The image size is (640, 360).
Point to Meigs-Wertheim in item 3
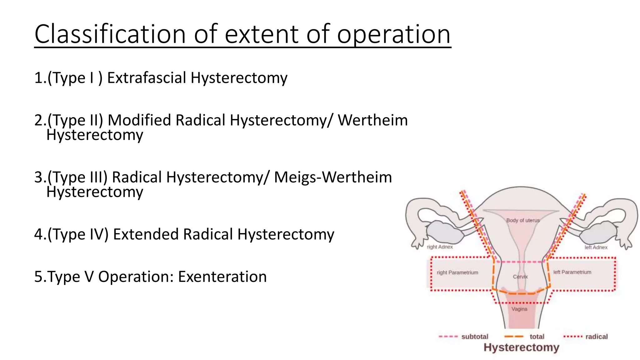(333, 177)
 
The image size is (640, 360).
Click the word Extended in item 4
(146, 234)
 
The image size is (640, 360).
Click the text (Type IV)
(78, 234)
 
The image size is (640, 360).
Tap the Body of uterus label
(523, 220)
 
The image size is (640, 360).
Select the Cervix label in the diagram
(520, 277)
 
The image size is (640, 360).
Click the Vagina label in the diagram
(519, 309)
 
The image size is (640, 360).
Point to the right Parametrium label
(457, 272)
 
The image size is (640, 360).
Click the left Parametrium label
(572, 272)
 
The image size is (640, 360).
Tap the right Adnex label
(440, 247)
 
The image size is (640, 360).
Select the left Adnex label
(596, 247)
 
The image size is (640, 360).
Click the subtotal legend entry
(474, 337)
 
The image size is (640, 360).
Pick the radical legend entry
(596, 337)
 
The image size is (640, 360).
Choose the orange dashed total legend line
(514, 337)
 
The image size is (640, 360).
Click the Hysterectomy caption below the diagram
(521, 347)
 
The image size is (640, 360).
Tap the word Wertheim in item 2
(373, 120)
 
